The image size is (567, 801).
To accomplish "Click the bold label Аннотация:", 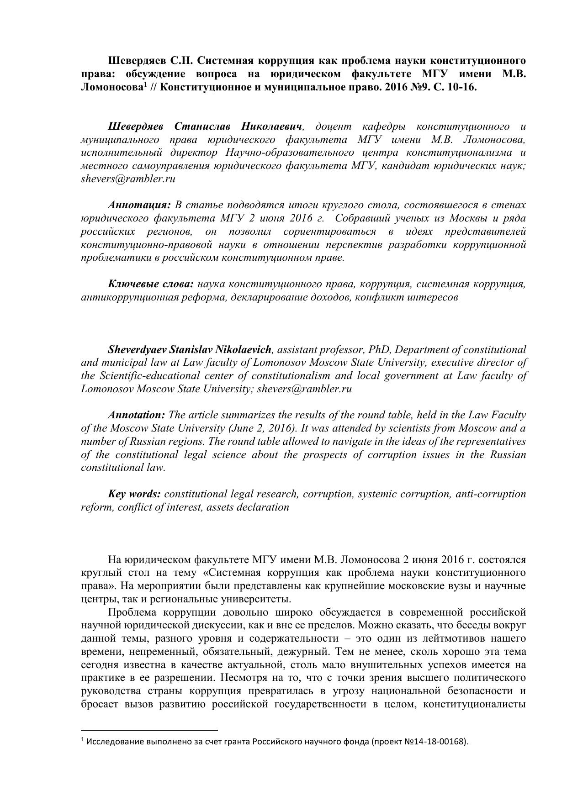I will (x=139, y=205).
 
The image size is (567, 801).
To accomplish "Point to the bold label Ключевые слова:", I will (x=151, y=284).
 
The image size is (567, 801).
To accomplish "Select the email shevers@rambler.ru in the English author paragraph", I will (x=304, y=389).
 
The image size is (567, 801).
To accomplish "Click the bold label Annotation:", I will (x=136, y=415).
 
